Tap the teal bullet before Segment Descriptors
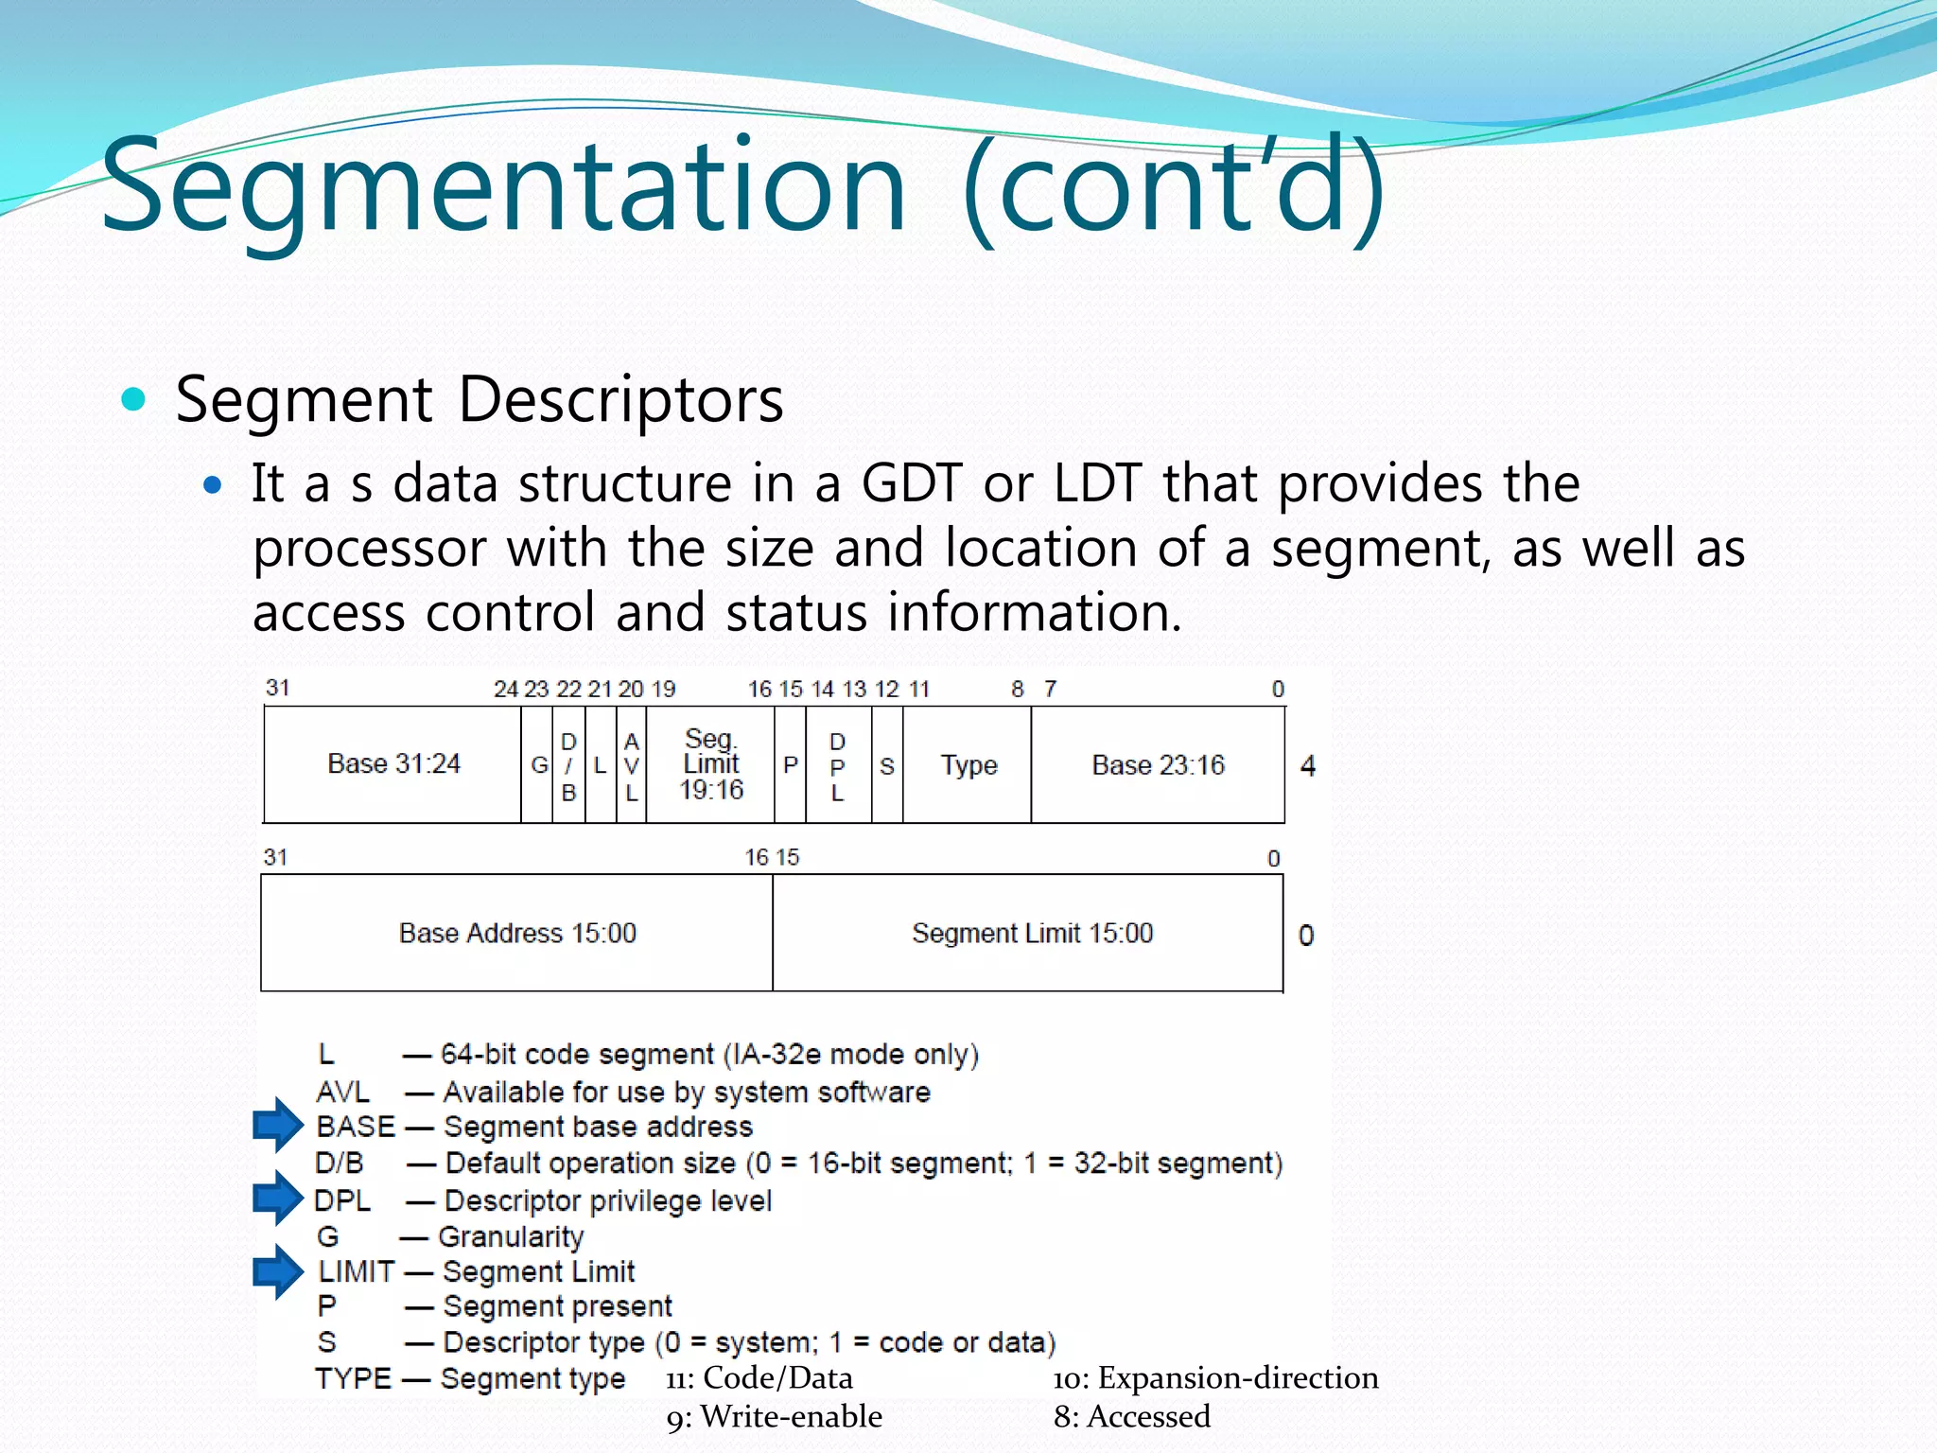[x=134, y=399]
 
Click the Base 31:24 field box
[x=393, y=764]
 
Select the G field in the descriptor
[x=538, y=765]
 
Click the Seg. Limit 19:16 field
[x=711, y=764]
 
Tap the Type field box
[x=968, y=765]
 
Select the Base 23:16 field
[x=1158, y=765]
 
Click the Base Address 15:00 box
[x=517, y=934]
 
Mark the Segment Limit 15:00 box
[x=1032, y=934]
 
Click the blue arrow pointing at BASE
[x=277, y=1125]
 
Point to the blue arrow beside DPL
[x=277, y=1198]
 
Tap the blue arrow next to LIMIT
[x=277, y=1270]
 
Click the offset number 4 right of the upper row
[x=1308, y=765]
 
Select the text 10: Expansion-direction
[x=1215, y=1378]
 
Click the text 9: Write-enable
[x=774, y=1417]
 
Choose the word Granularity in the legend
[x=511, y=1236]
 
